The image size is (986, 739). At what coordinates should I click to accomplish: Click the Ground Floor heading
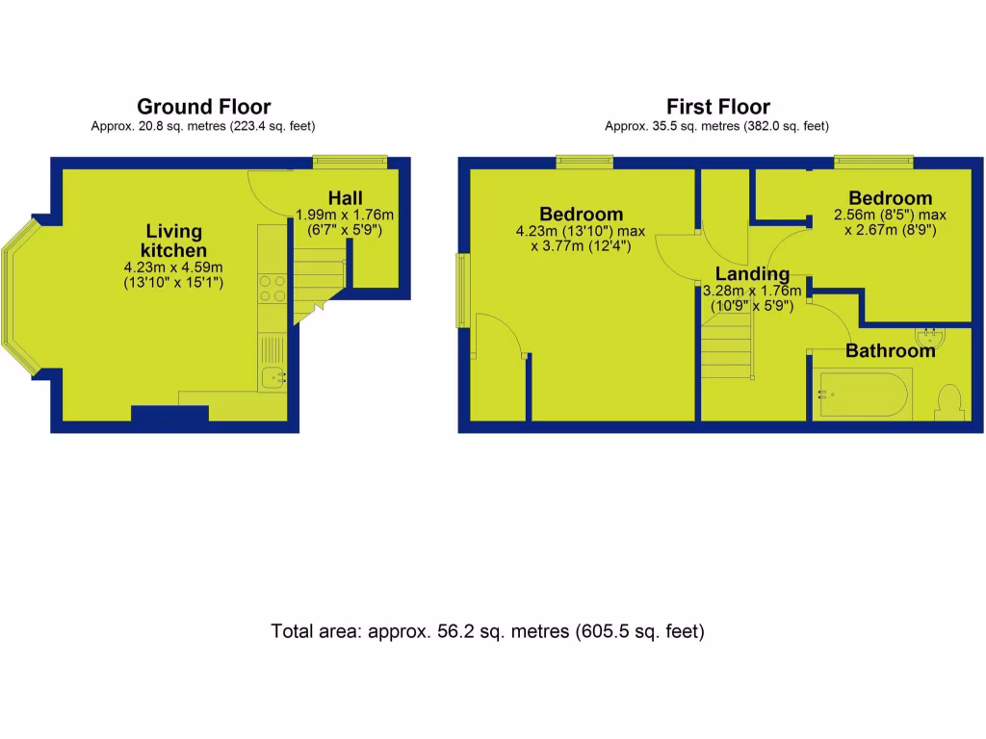(x=203, y=107)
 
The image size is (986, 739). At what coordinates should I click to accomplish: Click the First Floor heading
(x=717, y=107)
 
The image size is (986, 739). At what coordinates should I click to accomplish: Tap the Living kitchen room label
(x=174, y=241)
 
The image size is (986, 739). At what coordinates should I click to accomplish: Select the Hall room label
(x=345, y=198)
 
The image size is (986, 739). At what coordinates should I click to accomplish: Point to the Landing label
(x=752, y=275)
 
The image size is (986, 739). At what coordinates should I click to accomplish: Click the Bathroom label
(x=890, y=351)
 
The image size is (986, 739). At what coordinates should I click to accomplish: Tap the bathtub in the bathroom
(x=862, y=395)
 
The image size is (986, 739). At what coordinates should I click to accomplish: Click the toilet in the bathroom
(x=948, y=402)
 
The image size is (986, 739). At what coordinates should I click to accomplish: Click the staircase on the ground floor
(x=318, y=274)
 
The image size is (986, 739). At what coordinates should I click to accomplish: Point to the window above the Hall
(x=350, y=162)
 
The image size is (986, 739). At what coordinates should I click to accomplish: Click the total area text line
(x=487, y=632)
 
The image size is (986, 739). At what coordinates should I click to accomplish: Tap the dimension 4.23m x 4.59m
(x=173, y=268)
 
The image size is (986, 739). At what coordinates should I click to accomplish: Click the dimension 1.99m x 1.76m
(x=345, y=216)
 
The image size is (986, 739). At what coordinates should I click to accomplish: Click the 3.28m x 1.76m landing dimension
(x=752, y=292)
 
